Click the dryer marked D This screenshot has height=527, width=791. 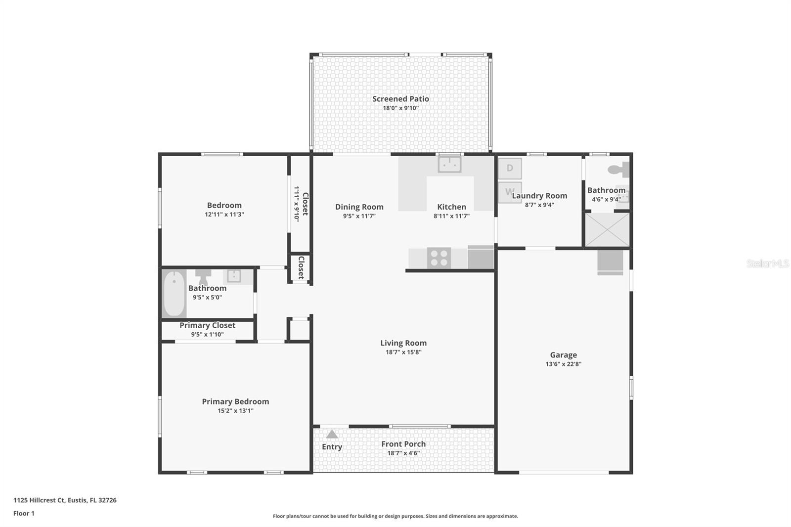[510, 168]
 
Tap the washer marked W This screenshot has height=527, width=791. [509, 192]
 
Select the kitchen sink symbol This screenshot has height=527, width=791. [449, 164]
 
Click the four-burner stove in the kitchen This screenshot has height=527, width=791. [439, 258]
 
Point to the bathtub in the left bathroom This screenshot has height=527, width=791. [174, 294]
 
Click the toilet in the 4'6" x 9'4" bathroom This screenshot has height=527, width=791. [618, 170]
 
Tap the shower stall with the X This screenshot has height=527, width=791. [607, 230]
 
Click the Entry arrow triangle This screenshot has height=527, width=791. [332, 434]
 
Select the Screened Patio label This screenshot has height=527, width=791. [400, 99]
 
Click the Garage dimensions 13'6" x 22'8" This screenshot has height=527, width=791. [563, 364]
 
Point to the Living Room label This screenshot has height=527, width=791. [403, 343]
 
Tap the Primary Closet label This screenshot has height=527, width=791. [207, 325]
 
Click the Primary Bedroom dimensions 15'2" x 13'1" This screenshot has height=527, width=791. [235, 411]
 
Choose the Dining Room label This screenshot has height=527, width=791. [359, 207]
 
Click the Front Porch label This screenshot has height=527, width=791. [403, 444]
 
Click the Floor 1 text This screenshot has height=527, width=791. [24, 514]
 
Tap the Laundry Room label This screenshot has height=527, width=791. [539, 196]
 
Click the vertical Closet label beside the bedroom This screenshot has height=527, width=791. [305, 204]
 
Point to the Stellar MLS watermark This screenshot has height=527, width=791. [768, 264]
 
